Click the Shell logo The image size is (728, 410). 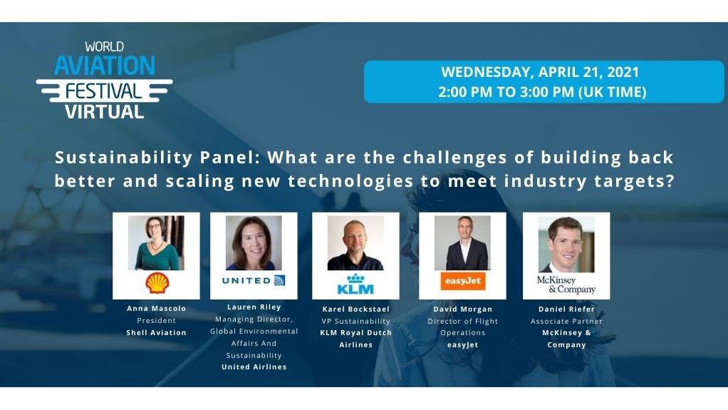click(157, 283)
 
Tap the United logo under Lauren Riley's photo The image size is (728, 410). click(254, 280)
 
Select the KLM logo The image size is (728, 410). click(355, 284)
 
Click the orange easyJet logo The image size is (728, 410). click(462, 281)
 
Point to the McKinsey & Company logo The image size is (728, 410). click(566, 285)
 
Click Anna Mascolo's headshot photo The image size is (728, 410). click(156, 242)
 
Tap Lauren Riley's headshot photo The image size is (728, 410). click(254, 242)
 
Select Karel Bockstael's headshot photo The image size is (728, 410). click(355, 242)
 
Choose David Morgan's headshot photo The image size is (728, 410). click(462, 242)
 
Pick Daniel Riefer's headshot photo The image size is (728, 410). click(566, 244)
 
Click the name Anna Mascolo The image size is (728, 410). click(156, 309)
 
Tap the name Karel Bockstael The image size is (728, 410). click(355, 309)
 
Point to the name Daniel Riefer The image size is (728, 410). click(566, 309)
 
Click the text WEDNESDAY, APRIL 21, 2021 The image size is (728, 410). click(540, 72)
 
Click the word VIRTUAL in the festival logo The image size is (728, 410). click(104, 111)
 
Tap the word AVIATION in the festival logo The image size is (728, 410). click(105, 66)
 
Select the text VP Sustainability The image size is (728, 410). click(355, 322)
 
